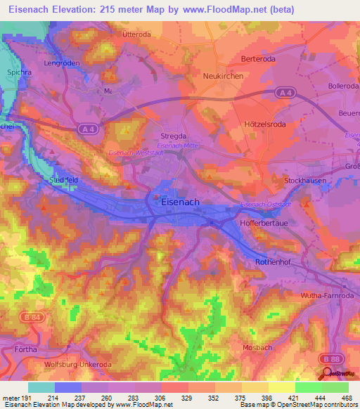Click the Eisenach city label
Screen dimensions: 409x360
tap(180, 201)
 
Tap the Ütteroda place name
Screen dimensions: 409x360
tap(136, 34)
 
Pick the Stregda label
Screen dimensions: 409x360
tap(173, 136)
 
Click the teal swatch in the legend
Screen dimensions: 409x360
tap(41, 387)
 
